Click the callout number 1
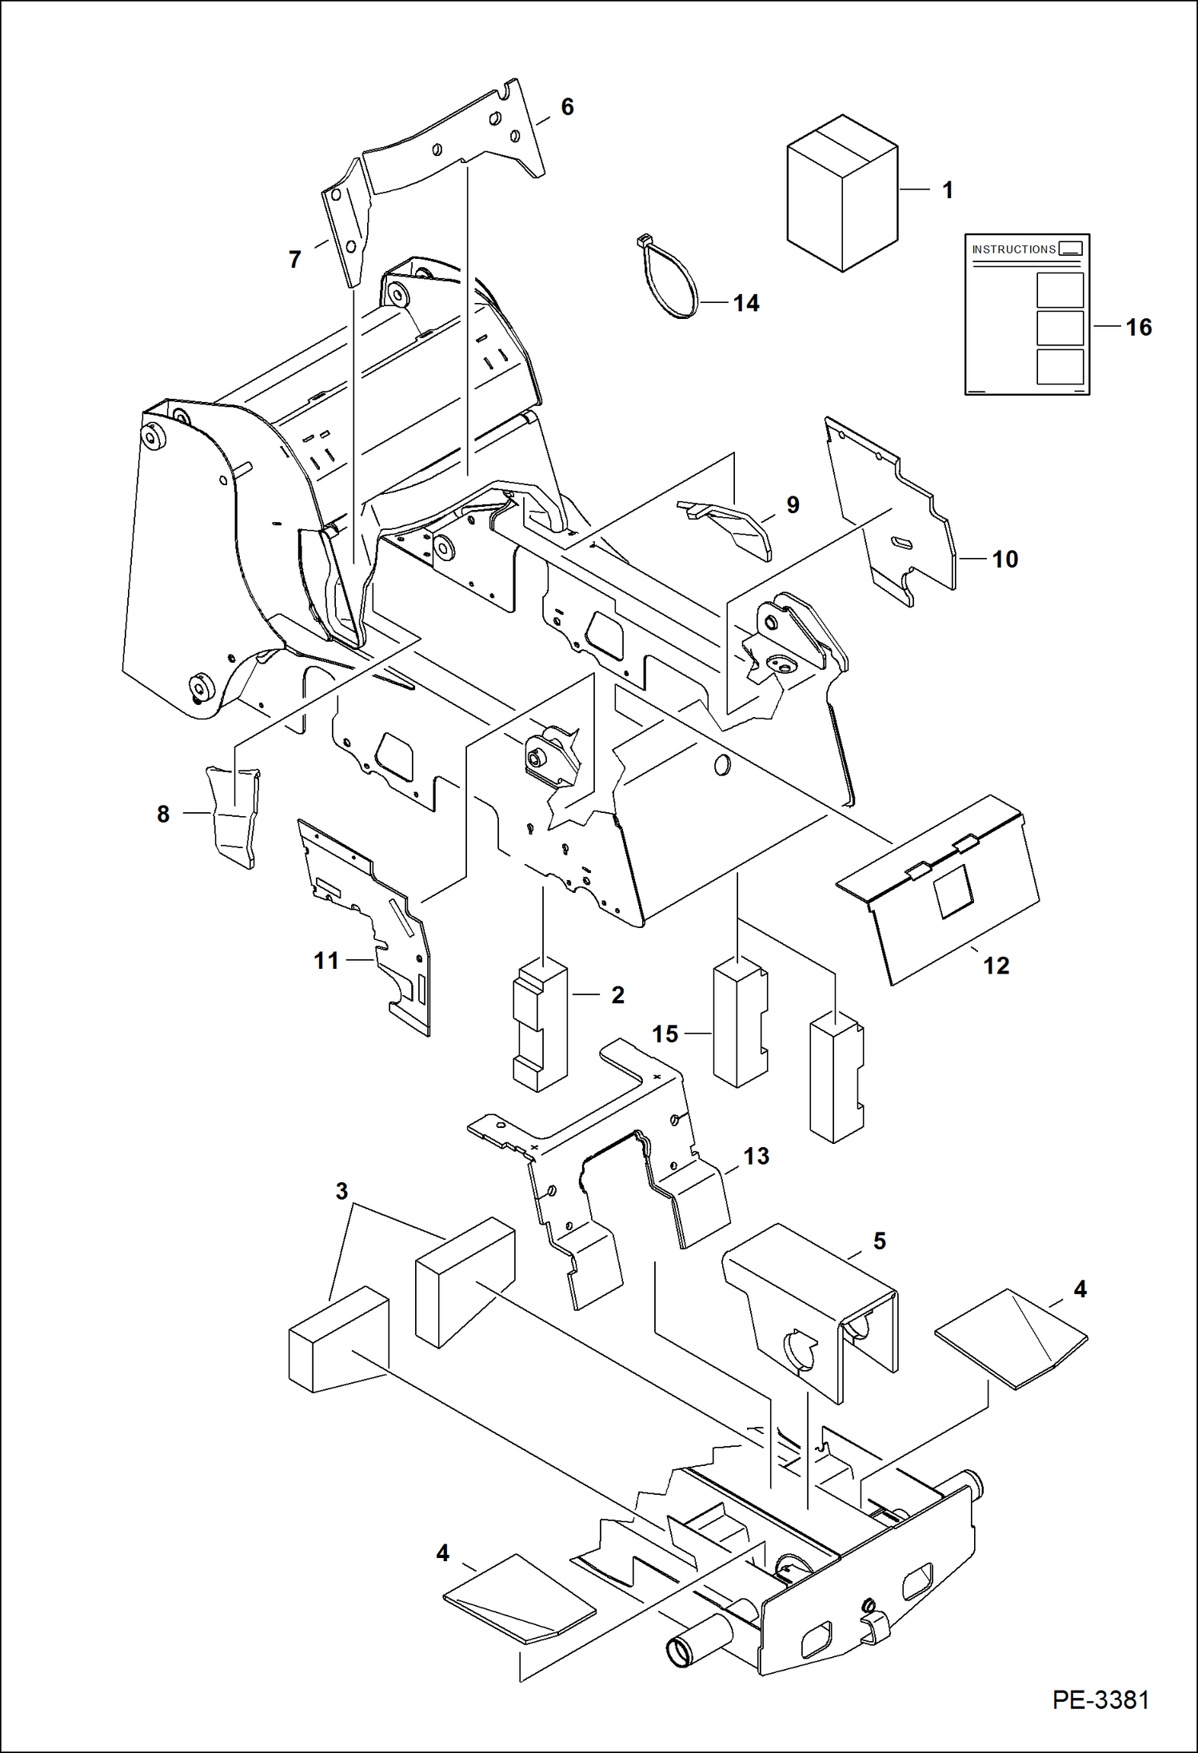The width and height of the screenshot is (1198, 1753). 948,190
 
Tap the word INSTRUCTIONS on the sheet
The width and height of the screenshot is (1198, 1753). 1013,249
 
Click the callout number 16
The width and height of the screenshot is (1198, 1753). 1139,327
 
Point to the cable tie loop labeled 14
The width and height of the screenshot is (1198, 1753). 670,280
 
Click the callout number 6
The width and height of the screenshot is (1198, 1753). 567,107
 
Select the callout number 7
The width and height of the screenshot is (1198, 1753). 295,260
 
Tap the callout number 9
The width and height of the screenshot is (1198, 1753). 793,504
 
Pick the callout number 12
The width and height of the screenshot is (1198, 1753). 996,966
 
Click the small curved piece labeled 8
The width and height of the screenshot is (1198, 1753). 233,815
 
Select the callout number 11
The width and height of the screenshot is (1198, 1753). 326,960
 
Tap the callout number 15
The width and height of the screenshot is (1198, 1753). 665,1034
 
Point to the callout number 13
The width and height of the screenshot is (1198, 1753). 756,1156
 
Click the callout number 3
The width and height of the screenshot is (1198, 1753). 341,1191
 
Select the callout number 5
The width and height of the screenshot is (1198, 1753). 880,1241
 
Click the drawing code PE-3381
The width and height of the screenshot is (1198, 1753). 1100,1699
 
